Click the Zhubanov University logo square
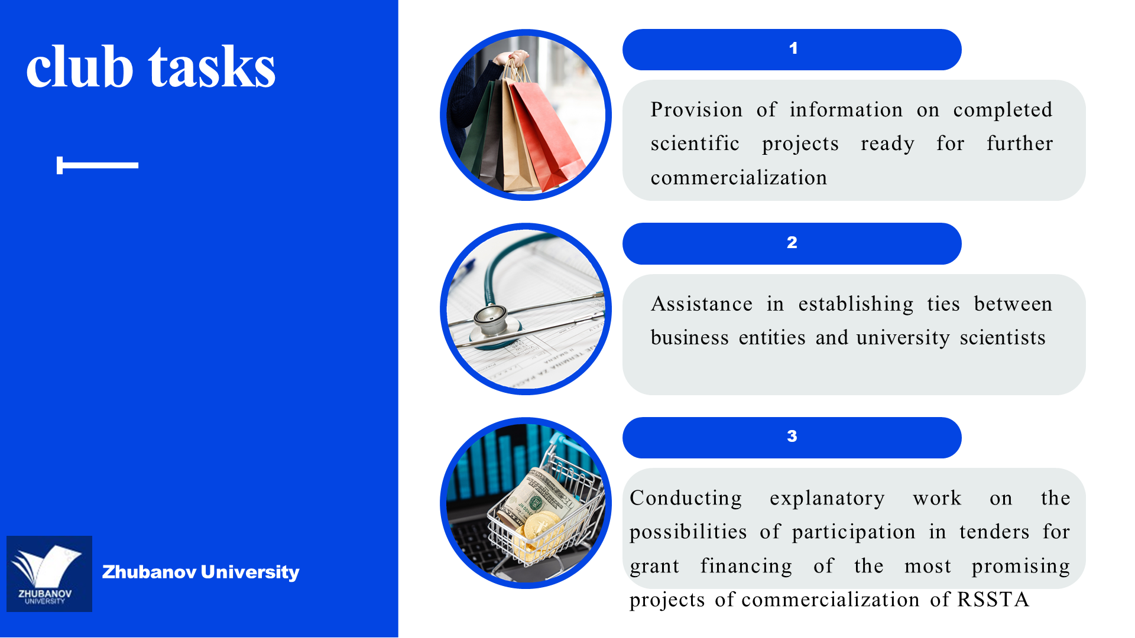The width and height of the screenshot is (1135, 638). coord(49,574)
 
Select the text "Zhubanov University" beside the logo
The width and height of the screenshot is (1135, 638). coord(200,572)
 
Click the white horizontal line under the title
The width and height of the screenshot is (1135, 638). coord(98,165)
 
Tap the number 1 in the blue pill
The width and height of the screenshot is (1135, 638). coord(793,48)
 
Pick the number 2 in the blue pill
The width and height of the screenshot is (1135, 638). coord(792,242)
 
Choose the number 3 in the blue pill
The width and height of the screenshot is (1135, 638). coord(792,436)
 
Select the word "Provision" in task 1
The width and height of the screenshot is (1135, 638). coord(696,110)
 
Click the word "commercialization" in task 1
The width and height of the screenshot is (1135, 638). coord(739,178)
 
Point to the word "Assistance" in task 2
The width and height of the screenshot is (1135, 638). coord(702,304)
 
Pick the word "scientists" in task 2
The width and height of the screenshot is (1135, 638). coord(1003,338)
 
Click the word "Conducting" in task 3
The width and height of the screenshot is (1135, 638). coord(686,499)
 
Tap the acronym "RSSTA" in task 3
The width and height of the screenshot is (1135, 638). coord(993,600)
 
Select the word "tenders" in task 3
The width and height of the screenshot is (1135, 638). coord(994,532)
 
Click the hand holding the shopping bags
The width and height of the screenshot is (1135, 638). coord(512,58)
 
